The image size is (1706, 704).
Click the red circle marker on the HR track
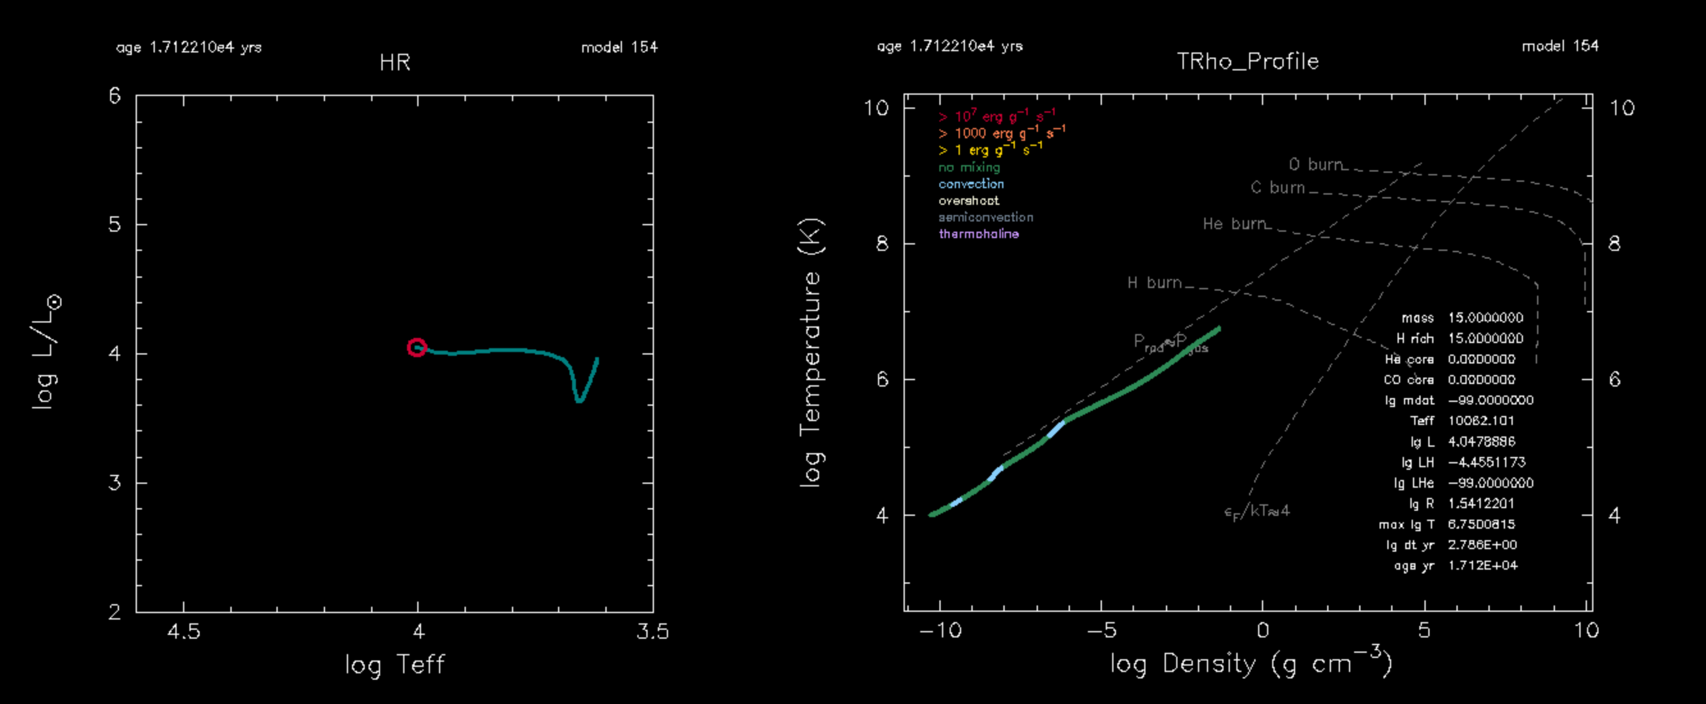click(416, 347)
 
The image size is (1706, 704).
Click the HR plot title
click(395, 63)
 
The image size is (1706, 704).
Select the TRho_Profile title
click(1247, 61)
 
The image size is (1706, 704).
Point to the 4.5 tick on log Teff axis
click(184, 631)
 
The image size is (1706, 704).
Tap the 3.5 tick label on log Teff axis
click(652, 631)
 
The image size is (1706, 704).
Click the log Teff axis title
click(395, 664)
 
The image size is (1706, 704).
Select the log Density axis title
click(1251, 663)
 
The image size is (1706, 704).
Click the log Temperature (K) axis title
click(811, 353)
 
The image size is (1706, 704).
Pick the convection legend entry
click(971, 184)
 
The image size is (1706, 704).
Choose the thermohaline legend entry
click(978, 234)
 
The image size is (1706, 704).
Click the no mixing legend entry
click(969, 168)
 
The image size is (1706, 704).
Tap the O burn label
click(1315, 164)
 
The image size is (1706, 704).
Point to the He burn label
click(1234, 224)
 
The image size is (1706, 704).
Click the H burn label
click(1154, 283)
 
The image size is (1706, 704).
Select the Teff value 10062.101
click(1481, 420)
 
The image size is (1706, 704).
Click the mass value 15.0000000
click(1485, 318)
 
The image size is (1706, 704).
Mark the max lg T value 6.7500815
click(1481, 525)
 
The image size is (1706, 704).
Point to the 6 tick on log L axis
click(115, 97)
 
